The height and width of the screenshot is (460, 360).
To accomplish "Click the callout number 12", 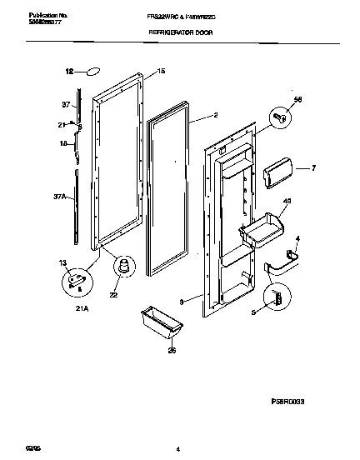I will (x=70, y=72).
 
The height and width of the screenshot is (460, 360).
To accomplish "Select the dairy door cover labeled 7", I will (x=276, y=176).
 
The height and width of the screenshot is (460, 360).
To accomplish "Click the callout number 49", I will (x=287, y=200).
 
